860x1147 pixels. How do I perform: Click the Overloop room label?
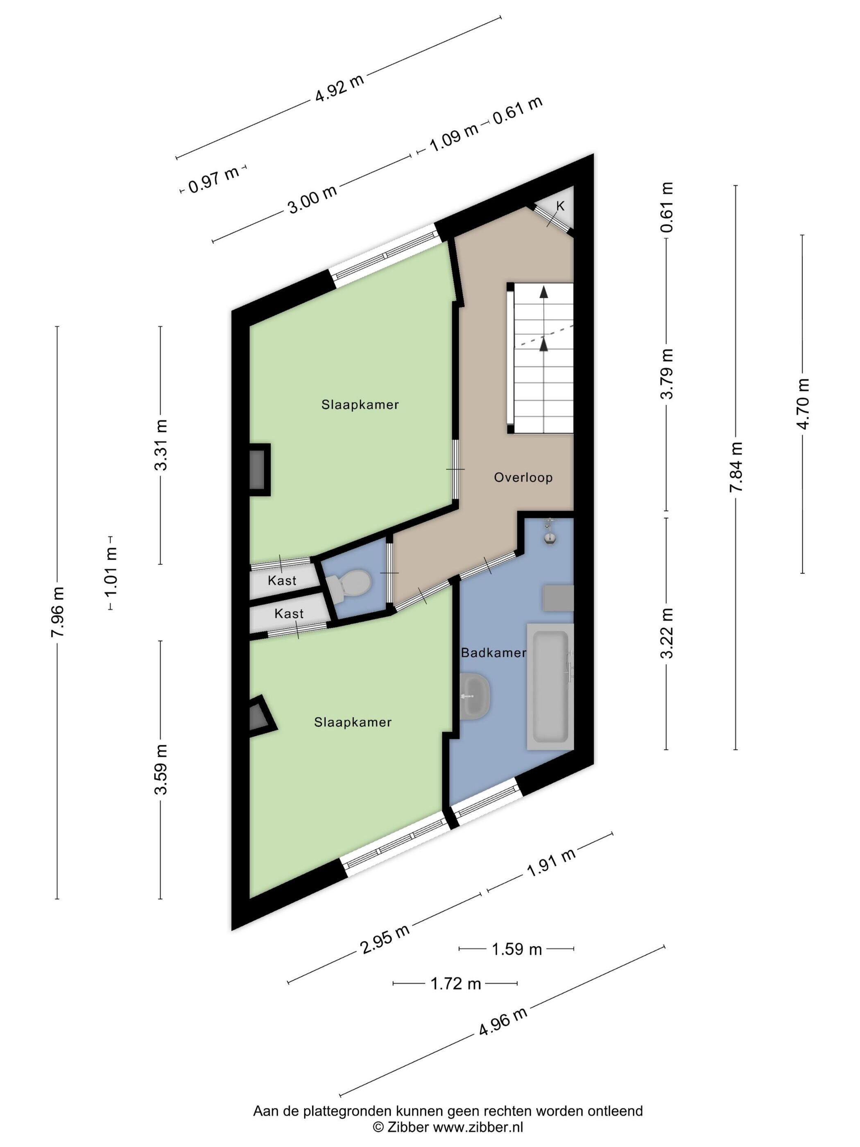pyautogui.click(x=523, y=477)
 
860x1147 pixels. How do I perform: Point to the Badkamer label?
pyautogui.click(x=493, y=653)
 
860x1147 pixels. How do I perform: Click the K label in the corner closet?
pyautogui.click(x=560, y=206)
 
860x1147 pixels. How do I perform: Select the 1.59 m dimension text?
pyautogui.click(x=517, y=950)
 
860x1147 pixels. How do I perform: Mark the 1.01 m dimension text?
pyautogui.click(x=111, y=572)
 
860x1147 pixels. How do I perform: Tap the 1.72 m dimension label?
pyautogui.click(x=456, y=983)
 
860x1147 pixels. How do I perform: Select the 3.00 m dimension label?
pyautogui.click(x=312, y=199)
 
